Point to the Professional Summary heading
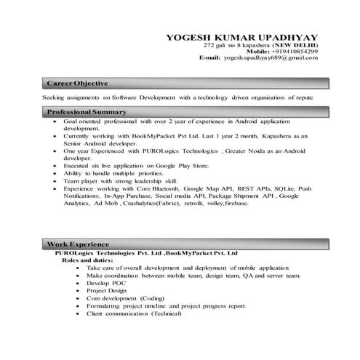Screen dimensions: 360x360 [87, 112]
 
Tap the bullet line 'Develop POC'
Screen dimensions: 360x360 [104, 283]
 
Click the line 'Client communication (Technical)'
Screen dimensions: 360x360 [135, 313]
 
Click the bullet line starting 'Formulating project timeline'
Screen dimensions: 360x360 [166, 306]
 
